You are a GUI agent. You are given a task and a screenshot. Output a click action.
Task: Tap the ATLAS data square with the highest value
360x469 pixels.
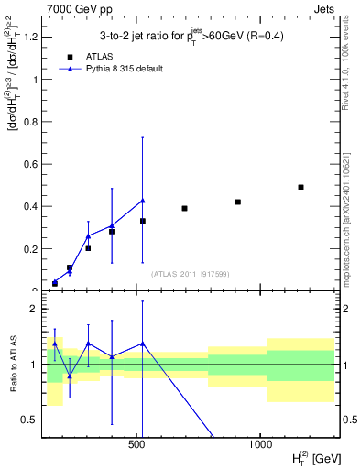click(x=300, y=187)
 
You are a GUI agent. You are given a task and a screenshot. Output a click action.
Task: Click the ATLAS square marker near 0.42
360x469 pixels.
click(x=238, y=202)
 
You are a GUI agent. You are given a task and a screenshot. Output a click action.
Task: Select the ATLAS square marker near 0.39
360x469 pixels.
click(x=184, y=208)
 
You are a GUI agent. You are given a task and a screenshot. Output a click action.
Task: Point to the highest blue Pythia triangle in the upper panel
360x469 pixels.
click(x=143, y=201)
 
